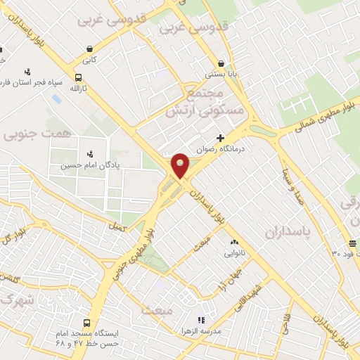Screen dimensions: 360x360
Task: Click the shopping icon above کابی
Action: (90, 49)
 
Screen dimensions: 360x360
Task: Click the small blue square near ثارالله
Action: (56, 99)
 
